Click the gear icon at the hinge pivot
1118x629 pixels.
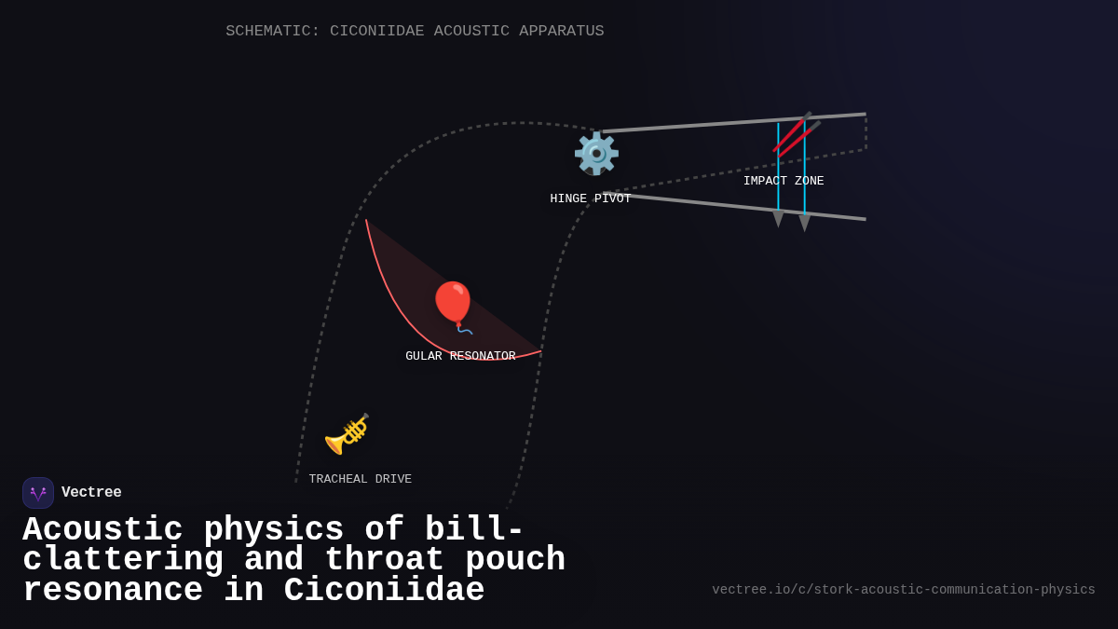(596, 153)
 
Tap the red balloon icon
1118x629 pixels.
(453, 304)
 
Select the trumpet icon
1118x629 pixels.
(347, 433)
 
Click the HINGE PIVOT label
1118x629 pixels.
(591, 198)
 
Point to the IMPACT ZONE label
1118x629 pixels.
(784, 181)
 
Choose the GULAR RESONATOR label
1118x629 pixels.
(460, 356)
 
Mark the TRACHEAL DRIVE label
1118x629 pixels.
(361, 479)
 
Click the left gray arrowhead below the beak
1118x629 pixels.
(778, 219)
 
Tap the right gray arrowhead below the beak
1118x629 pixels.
(804, 224)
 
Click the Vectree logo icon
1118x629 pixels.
(38, 493)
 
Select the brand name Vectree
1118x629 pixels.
(91, 493)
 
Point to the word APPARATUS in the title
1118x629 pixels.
(562, 31)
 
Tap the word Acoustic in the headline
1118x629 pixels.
(102, 529)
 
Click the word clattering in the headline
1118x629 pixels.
(123, 560)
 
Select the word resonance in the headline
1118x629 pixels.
(113, 591)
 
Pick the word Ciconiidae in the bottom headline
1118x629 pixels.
(384, 591)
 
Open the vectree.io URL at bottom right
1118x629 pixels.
(904, 590)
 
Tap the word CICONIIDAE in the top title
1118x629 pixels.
(376, 31)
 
